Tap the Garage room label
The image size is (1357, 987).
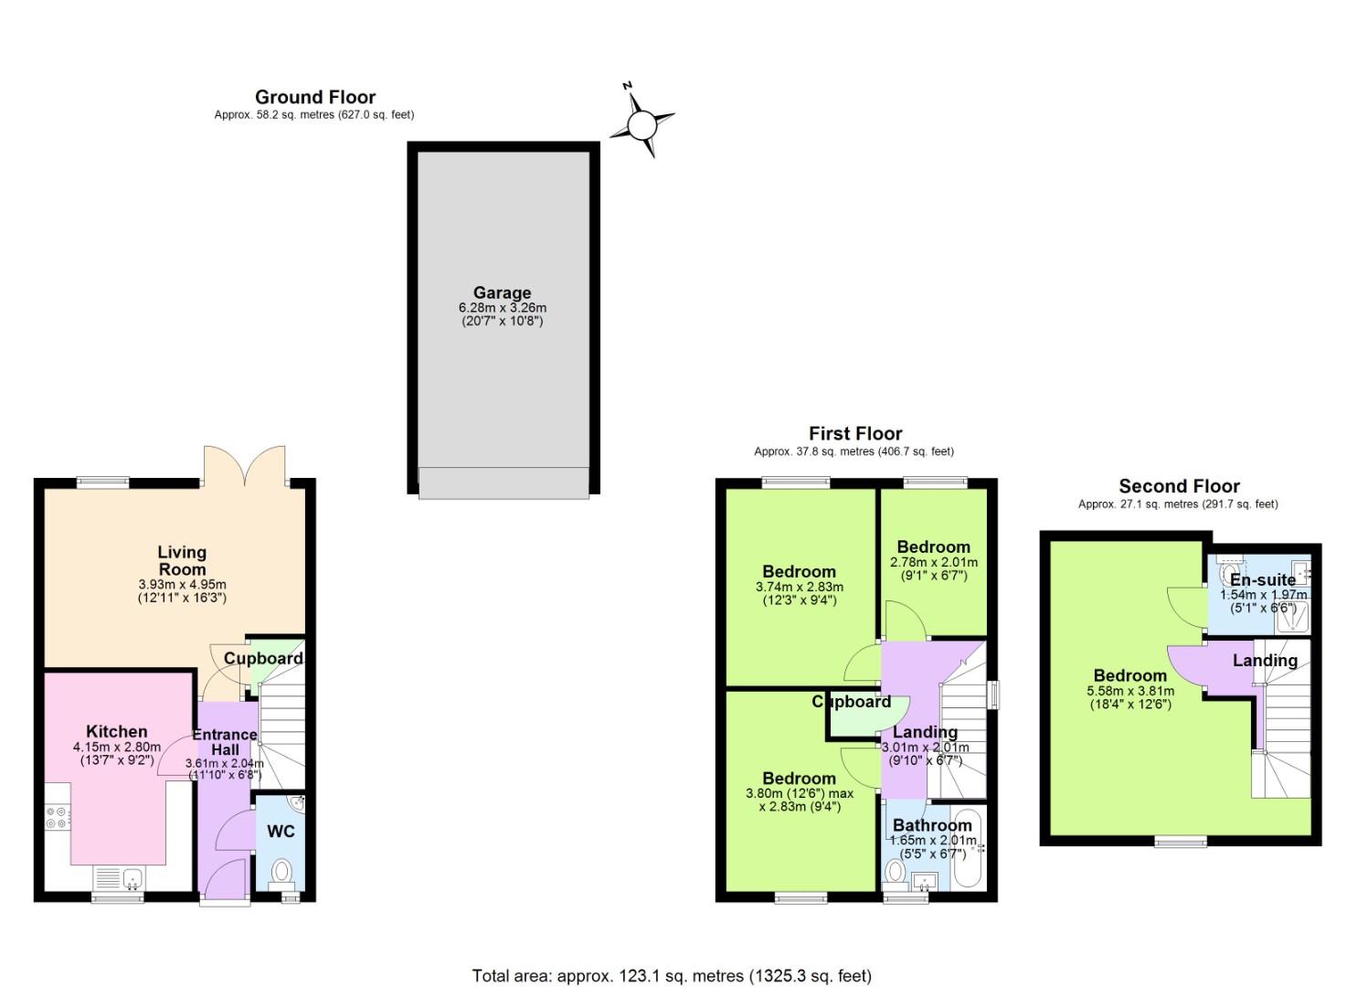pos(502,292)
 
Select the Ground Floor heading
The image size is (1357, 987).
pos(315,97)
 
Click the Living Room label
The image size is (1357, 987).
pos(182,560)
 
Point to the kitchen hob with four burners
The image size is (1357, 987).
pos(57,816)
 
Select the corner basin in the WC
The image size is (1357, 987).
pos(295,804)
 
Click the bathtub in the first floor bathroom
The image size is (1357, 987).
pos(966,848)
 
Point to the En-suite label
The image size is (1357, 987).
pos(1262,579)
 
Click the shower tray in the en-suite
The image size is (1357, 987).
pos(1293,618)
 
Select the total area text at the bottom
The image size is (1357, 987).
pos(672,976)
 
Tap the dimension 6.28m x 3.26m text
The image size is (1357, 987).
pos(502,308)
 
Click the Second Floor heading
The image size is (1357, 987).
pos(1179,486)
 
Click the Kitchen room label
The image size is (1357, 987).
pos(116,731)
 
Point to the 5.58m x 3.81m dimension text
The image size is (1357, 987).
pos(1129,691)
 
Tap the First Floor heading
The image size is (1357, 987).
pos(854,433)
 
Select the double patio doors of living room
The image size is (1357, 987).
pos(244,466)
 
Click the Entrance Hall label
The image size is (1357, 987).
pos(225,741)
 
